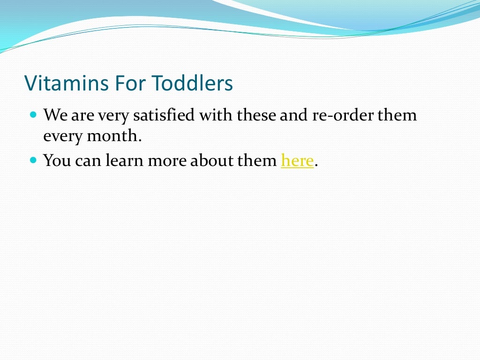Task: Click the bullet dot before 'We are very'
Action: (x=33, y=114)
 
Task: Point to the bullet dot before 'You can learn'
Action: (x=33, y=160)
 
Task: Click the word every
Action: (x=63, y=136)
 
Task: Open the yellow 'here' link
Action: (x=297, y=161)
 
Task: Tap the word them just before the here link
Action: (x=257, y=161)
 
